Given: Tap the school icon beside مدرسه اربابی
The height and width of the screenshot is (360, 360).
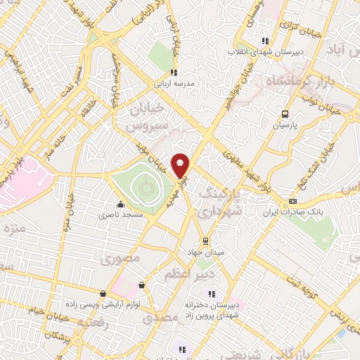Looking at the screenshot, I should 174,72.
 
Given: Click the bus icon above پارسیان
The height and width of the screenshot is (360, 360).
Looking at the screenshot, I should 285,114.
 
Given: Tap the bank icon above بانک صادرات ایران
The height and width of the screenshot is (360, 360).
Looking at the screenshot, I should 292,202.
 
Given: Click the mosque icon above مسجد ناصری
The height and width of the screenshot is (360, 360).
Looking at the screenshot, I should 120,205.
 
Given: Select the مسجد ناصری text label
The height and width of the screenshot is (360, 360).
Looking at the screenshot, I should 120,214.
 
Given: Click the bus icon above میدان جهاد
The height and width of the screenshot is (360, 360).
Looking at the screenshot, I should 205,240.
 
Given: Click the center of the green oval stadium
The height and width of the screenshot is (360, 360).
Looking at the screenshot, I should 145,187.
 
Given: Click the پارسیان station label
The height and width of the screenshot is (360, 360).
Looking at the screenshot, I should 285,126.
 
